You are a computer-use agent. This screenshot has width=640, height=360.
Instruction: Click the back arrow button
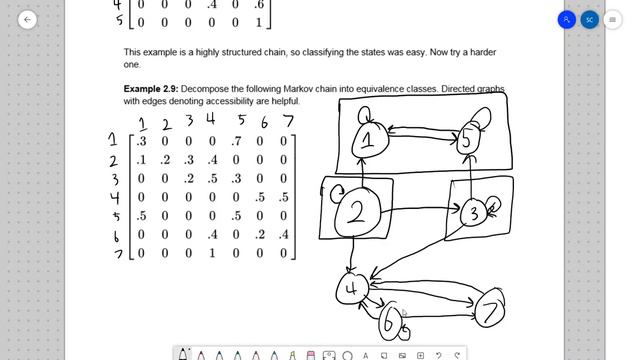tap(27, 20)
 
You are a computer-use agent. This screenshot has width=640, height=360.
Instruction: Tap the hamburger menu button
tap(612, 20)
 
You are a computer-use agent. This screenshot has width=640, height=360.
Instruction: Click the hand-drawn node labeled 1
tap(369, 140)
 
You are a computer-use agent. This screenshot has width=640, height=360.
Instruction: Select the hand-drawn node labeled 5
tap(467, 140)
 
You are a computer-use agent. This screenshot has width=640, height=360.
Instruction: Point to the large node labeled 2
tap(358, 212)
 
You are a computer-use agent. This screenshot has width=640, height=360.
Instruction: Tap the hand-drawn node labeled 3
tap(473, 213)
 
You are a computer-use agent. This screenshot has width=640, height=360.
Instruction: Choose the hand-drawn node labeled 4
tap(352, 289)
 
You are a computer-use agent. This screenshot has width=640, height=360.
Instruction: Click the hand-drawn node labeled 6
tap(389, 322)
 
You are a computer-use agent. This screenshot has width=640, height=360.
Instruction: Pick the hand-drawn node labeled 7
tap(490, 308)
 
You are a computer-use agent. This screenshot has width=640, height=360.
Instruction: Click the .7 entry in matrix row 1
tap(236, 141)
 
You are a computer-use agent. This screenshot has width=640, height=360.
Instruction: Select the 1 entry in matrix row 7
tap(212, 253)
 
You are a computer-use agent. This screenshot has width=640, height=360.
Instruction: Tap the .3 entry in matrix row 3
tap(236, 178)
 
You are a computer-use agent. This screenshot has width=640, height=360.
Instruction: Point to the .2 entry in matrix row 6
tap(260, 234)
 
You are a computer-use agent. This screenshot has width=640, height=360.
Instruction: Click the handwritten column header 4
tap(211, 119)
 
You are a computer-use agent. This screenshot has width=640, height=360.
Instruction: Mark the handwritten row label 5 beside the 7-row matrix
tap(116, 216)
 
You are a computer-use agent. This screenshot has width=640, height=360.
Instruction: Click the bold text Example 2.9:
tap(151, 89)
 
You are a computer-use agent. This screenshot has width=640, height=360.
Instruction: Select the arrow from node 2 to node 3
tap(421, 209)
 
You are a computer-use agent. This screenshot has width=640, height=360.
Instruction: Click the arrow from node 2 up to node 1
tap(362, 172)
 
